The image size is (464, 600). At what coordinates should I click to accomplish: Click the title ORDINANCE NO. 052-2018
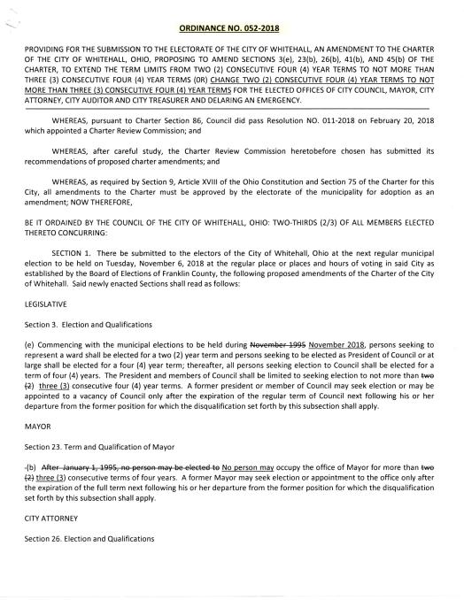(231, 18)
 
